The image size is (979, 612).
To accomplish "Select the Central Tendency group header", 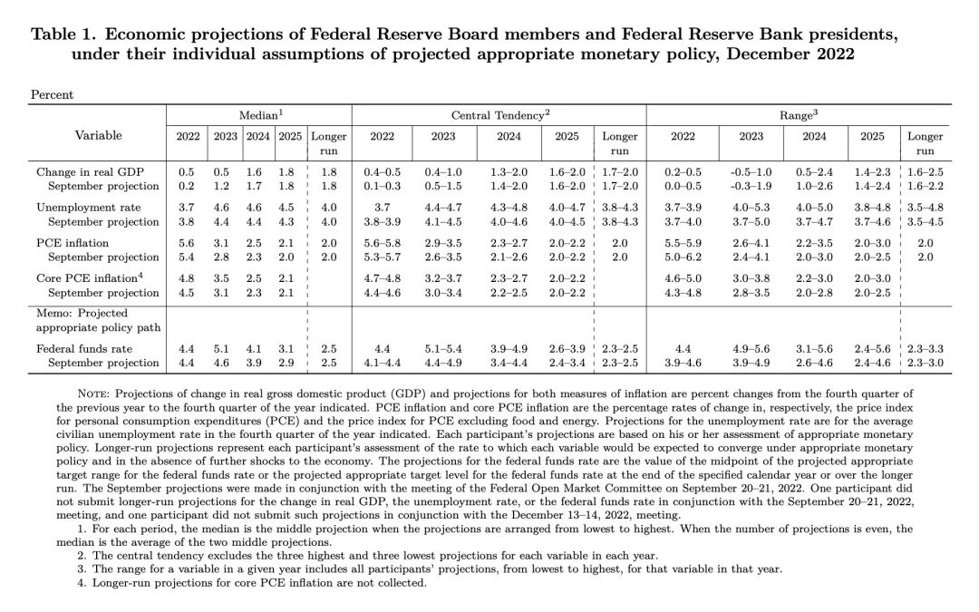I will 499,116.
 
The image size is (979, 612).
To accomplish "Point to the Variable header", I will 98,135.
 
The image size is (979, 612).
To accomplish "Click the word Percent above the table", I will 53,94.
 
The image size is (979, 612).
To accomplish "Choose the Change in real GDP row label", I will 90,171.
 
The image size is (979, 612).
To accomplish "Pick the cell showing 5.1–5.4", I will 443,348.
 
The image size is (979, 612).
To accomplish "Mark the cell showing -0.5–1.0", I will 751,171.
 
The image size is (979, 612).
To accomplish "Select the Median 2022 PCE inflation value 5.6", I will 187,243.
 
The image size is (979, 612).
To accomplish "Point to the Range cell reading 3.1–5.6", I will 814,348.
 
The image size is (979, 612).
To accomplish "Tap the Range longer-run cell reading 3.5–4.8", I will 925,208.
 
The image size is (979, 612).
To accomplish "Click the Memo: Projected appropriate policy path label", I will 82,319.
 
